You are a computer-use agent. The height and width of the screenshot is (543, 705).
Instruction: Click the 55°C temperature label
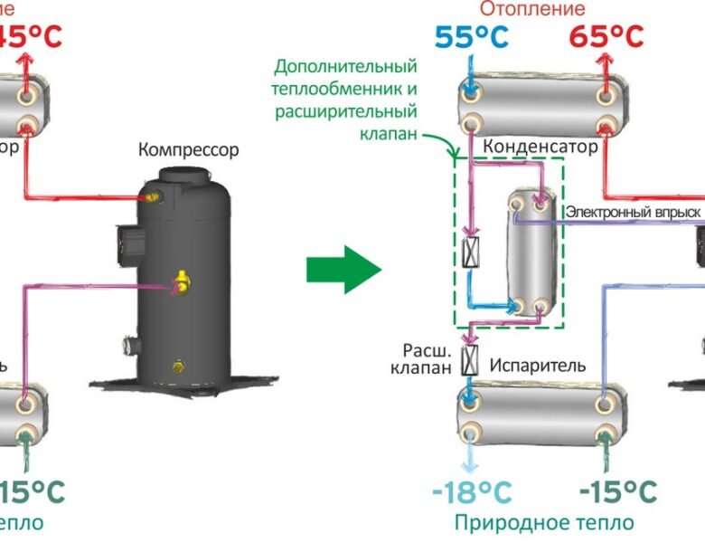(472, 37)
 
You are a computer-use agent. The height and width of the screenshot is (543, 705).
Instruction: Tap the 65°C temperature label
(607, 37)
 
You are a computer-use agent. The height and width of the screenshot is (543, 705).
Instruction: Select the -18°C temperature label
(472, 493)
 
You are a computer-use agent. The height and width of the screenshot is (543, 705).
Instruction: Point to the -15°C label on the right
(616, 493)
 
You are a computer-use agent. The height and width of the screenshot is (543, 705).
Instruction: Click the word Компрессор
(189, 149)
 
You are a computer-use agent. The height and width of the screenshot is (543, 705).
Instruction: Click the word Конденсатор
(541, 146)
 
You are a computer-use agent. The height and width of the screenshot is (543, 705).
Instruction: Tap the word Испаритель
(538, 366)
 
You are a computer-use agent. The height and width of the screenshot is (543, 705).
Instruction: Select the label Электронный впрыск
(634, 211)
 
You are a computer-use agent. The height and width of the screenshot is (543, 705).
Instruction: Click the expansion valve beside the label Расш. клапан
(470, 360)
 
